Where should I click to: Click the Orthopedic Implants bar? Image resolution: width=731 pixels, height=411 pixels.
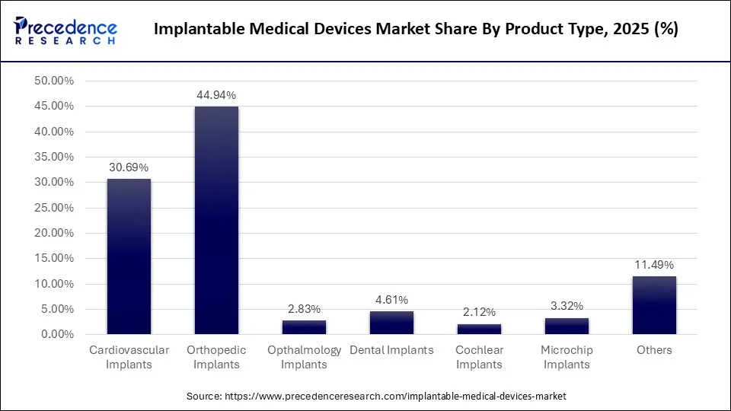(x=216, y=220)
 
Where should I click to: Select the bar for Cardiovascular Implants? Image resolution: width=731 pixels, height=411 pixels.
(x=129, y=256)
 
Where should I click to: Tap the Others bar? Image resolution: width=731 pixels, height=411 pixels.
(x=654, y=305)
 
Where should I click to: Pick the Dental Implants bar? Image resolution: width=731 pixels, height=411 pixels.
(x=391, y=323)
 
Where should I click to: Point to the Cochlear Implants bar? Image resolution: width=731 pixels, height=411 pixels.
(x=479, y=329)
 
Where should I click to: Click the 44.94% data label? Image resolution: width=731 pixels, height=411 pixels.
(x=216, y=95)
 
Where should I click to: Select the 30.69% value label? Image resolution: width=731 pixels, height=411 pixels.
(x=129, y=167)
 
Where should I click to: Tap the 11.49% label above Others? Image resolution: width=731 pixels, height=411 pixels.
(x=654, y=265)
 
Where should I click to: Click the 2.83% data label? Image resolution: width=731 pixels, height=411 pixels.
(x=304, y=309)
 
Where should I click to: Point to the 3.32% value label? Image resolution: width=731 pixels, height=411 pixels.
(x=567, y=306)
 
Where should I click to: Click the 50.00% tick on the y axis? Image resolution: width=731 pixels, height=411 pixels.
(x=53, y=81)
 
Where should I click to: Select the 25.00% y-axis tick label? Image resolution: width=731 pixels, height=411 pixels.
(x=53, y=208)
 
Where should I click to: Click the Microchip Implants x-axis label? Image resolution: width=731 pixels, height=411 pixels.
(x=567, y=357)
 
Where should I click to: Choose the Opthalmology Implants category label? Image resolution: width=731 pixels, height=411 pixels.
(x=304, y=357)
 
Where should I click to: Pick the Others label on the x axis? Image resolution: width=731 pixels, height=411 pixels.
(x=654, y=350)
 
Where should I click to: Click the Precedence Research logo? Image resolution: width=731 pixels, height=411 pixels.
(x=65, y=30)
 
